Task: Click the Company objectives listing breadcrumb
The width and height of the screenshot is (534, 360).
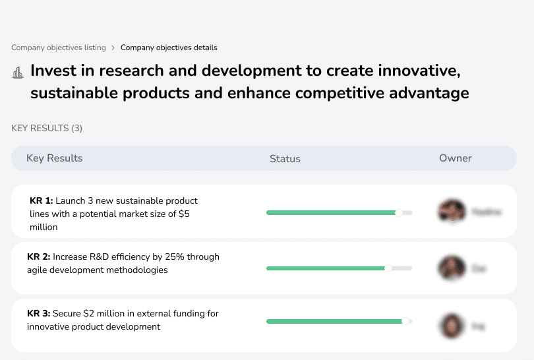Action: (x=58, y=47)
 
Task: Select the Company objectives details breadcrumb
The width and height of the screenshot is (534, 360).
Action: (x=169, y=47)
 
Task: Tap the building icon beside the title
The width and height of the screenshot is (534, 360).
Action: (x=18, y=73)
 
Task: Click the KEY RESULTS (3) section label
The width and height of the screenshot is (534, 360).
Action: (x=47, y=128)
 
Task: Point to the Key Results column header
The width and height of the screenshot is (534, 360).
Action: (x=55, y=158)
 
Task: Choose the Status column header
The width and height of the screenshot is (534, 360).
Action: (x=285, y=159)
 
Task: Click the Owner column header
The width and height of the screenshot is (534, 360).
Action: (x=456, y=158)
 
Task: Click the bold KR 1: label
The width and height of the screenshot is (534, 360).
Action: (x=41, y=200)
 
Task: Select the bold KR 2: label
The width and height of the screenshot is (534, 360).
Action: (x=38, y=257)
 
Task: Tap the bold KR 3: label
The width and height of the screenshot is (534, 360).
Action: (x=38, y=314)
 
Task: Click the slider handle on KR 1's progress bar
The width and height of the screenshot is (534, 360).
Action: (x=398, y=213)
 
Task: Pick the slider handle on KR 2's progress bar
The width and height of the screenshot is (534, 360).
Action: (x=388, y=268)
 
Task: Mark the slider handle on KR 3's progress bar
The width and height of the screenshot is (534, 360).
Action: (x=405, y=321)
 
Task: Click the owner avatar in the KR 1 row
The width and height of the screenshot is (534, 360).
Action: (x=451, y=212)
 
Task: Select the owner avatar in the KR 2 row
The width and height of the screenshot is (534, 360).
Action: (x=451, y=268)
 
